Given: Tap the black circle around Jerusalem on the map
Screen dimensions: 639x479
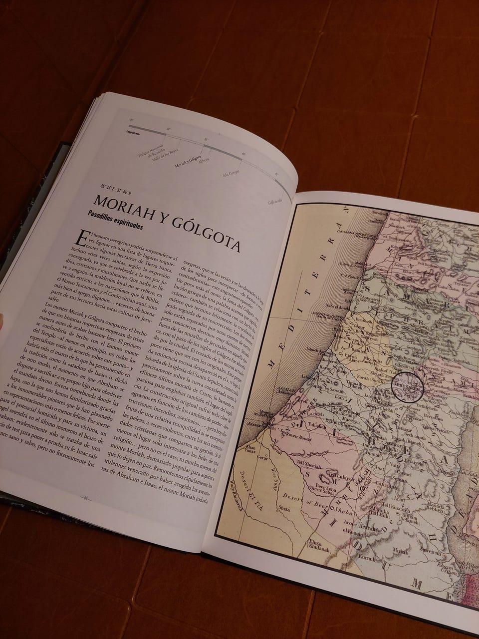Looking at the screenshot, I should (x=406, y=386).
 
